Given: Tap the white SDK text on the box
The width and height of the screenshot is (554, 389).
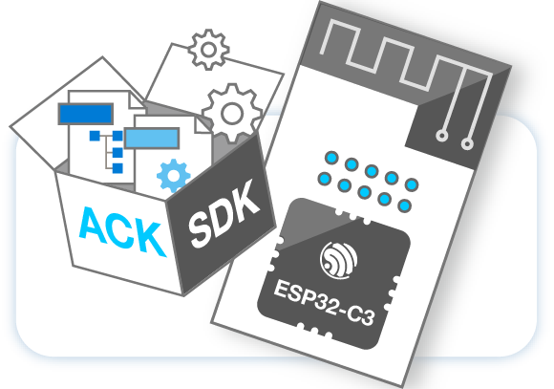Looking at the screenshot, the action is [x=224, y=213].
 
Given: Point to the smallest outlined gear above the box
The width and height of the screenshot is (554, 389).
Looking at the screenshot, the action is [x=208, y=50].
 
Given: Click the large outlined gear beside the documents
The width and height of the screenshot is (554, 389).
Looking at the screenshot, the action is [x=232, y=113].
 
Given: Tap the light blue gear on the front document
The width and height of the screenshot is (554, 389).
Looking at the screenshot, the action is [x=173, y=176].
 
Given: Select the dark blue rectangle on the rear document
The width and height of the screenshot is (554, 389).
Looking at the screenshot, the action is [x=86, y=114].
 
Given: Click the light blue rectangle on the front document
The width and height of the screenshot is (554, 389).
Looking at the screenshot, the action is [x=152, y=139].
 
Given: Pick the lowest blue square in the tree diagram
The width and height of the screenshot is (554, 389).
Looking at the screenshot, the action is [x=117, y=168].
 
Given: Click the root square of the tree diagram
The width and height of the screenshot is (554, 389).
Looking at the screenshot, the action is [x=95, y=136].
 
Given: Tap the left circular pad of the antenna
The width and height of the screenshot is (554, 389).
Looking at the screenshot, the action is [x=441, y=136].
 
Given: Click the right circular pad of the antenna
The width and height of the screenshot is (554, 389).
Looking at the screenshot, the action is [x=467, y=144].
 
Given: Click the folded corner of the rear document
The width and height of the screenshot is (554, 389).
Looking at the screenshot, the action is [x=136, y=100].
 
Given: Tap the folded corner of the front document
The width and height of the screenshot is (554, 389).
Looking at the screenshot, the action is [x=202, y=125].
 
